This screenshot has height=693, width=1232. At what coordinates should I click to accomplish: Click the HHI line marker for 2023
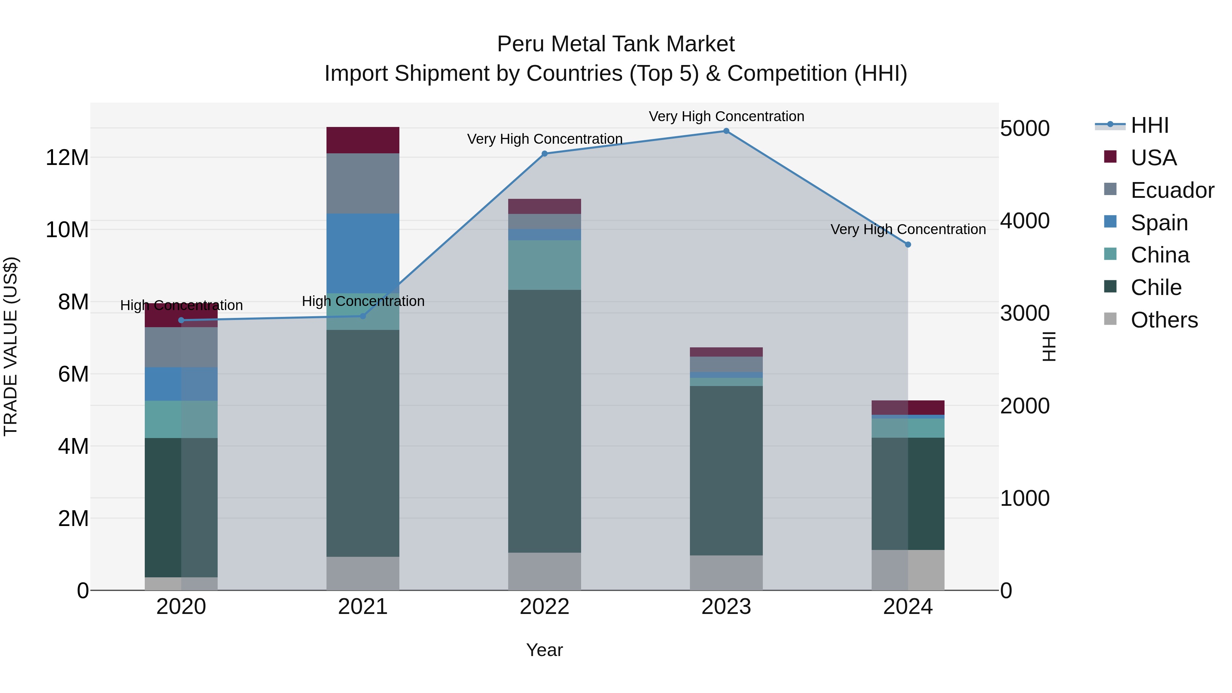coord(726,131)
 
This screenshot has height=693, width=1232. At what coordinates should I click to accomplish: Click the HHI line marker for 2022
coord(544,154)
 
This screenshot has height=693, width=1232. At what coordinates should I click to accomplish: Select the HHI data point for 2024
coord(908,244)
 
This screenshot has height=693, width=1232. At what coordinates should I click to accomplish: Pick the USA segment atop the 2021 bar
coord(362,140)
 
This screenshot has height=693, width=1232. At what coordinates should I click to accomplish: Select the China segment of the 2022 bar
coord(544,265)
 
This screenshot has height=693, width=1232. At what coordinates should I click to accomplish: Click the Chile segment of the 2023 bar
coord(726,470)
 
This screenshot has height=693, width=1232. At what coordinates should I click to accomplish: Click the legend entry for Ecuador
coord(1172,190)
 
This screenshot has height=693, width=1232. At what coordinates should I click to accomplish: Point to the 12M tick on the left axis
coord(67,158)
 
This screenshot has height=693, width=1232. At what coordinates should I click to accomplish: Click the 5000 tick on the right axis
coord(1024,128)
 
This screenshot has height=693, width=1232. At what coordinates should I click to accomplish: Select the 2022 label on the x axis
coord(544,607)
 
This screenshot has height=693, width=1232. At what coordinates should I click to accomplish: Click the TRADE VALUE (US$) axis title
coord(11,346)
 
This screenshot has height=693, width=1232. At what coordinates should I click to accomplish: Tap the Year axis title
coord(544,650)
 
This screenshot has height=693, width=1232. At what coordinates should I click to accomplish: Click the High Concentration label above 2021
coord(363,301)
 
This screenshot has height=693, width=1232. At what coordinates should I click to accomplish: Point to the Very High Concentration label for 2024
coord(908,230)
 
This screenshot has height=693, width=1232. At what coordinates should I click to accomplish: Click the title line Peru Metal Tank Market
coord(616,44)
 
